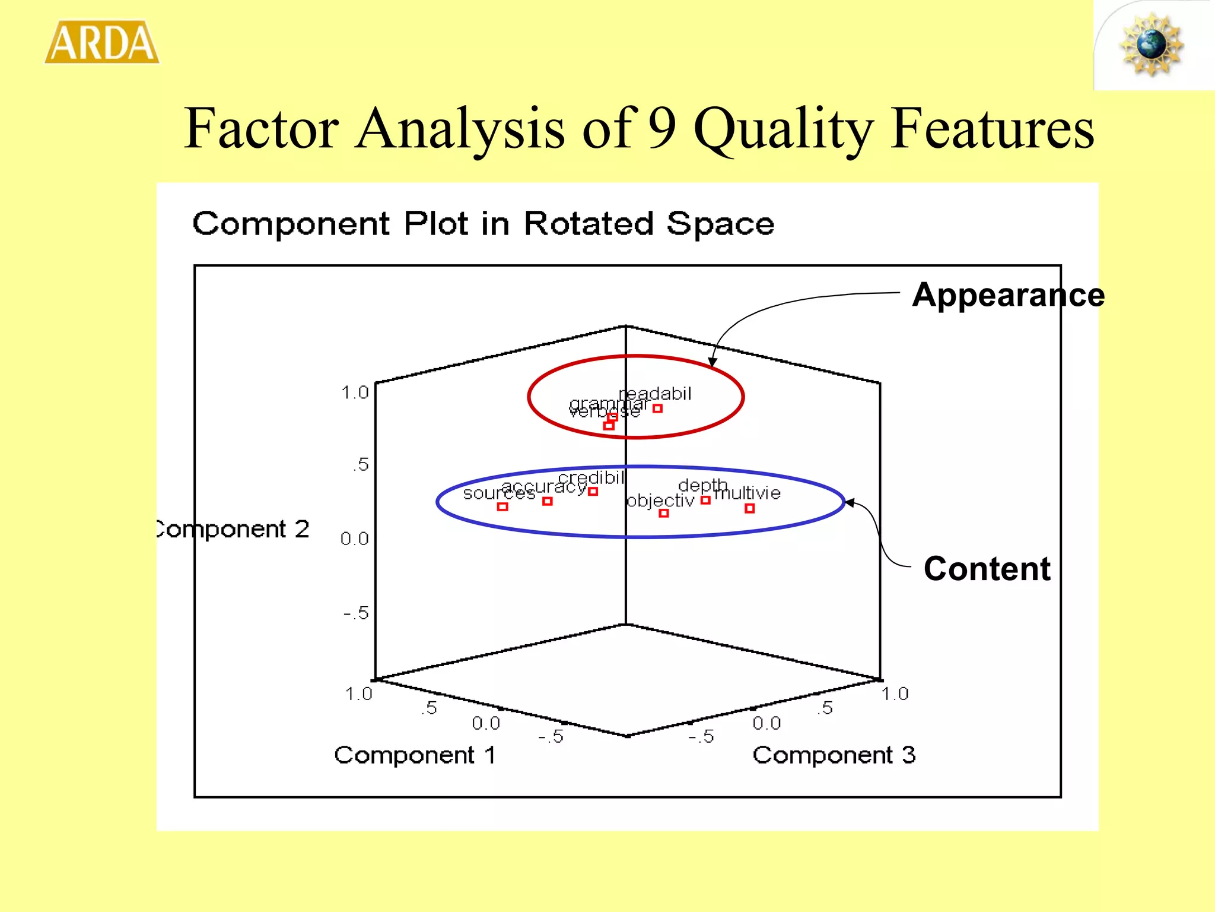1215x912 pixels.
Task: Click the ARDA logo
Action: [x=102, y=42]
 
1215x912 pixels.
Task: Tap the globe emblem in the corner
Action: [x=1151, y=45]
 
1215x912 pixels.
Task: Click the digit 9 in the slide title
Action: [x=662, y=128]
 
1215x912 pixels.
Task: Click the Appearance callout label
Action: [x=1007, y=295]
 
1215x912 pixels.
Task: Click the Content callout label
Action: [x=987, y=569]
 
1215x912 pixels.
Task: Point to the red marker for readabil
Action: [x=657, y=408]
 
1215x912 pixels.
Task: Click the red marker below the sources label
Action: [x=502, y=506]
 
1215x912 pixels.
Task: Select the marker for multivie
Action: [x=749, y=508]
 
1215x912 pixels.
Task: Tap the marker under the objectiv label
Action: [x=664, y=513]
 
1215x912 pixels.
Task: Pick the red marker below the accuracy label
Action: [x=548, y=502]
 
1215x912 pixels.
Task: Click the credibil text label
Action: [x=591, y=478]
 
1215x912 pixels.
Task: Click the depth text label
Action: [x=702, y=486]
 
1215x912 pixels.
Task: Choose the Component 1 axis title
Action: [x=415, y=755]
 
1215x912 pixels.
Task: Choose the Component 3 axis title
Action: [x=834, y=755]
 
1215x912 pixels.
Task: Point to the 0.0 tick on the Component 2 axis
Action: [x=354, y=539]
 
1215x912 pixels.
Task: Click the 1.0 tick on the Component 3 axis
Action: [x=895, y=693]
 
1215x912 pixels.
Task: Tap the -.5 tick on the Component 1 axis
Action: [x=551, y=737]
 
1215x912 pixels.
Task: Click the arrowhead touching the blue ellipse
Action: [x=850, y=503]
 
